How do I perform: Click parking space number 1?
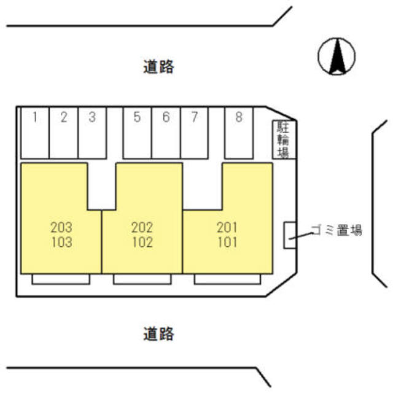click(x=36, y=132)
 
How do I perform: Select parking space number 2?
click(x=64, y=132)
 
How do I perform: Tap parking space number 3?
click(x=92, y=132)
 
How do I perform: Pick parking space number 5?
click(x=137, y=132)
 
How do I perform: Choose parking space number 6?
click(x=166, y=132)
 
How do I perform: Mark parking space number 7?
click(x=194, y=132)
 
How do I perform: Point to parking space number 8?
click(x=239, y=132)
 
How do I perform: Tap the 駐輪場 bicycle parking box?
click(x=284, y=139)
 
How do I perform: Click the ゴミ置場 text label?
click(x=336, y=231)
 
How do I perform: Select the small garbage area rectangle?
click(x=289, y=235)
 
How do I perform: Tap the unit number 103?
click(x=61, y=242)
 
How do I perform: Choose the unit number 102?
click(x=142, y=242)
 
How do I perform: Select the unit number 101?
click(x=227, y=242)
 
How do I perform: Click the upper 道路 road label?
click(x=159, y=66)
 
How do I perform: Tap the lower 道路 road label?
click(x=159, y=334)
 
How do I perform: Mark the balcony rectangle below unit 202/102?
click(x=142, y=279)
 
